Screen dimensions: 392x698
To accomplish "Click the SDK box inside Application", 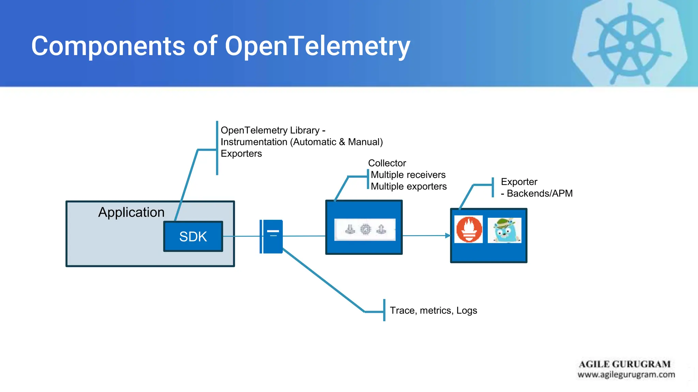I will (x=193, y=236).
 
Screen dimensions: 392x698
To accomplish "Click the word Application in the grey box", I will (x=131, y=212).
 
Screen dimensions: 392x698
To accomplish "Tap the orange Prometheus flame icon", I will (x=469, y=229).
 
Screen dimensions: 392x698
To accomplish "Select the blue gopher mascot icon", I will (x=504, y=230).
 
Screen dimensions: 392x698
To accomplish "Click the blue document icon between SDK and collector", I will (x=272, y=236).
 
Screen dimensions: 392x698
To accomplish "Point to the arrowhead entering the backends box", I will (x=448, y=235).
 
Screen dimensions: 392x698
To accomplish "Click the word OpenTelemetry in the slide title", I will (x=317, y=46).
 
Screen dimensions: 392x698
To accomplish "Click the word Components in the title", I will (x=108, y=46).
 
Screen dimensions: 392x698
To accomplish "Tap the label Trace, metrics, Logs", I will (x=433, y=310).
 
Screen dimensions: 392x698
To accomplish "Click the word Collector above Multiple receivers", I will (x=387, y=163).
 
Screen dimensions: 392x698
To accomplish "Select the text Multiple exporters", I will (x=408, y=186).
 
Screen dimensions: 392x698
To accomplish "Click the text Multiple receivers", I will (x=408, y=175).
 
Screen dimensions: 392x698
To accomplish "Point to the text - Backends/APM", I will (x=536, y=193).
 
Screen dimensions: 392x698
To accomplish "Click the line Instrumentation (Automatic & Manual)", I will (x=302, y=142).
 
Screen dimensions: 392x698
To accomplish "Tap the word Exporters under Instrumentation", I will (x=241, y=153).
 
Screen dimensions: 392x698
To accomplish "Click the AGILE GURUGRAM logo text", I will (x=624, y=364).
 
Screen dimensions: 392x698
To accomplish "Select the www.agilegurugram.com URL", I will (x=626, y=375).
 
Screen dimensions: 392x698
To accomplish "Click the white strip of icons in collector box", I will (x=365, y=230).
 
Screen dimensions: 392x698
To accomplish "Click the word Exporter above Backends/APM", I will (x=519, y=182).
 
